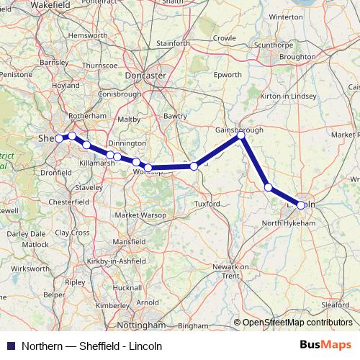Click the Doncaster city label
coord(145,75)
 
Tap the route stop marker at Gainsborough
coord(241,135)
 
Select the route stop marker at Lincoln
coord(301,205)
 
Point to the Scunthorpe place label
coord(273,44)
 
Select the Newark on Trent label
coord(230,271)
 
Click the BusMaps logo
coord(326,345)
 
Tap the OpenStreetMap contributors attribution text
coord(297,323)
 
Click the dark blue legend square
coord(10,346)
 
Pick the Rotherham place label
coord(87,116)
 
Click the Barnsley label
coord(54,63)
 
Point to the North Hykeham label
coord(289,223)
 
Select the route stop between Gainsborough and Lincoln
coord(269,187)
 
